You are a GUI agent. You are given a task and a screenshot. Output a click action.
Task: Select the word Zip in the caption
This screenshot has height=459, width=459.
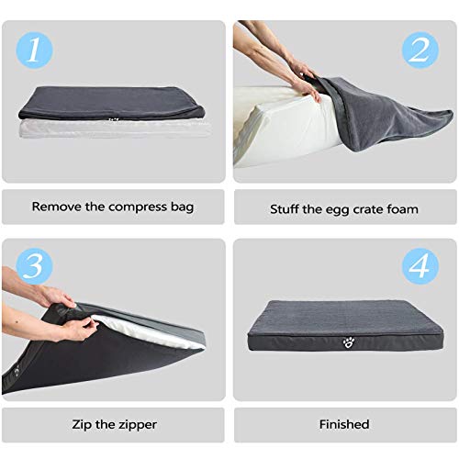pos(80,424)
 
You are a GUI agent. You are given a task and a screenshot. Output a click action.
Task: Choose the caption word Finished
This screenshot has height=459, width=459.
pos(344,424)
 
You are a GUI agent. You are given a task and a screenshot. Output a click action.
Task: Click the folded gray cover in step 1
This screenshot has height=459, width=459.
pos(110,101)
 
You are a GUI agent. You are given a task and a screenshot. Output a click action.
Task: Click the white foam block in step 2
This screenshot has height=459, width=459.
pos(275,124)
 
